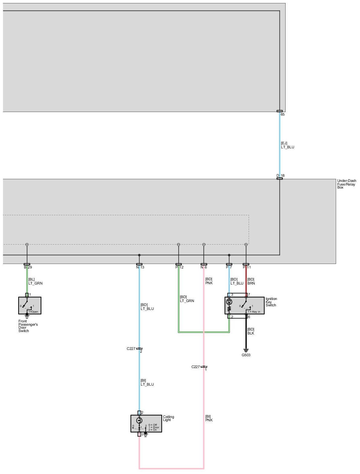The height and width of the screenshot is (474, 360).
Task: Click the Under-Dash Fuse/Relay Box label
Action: pos(346,184)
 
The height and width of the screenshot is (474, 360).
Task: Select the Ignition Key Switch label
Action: pos(271,302)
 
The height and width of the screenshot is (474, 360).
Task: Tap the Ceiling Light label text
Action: pos(168,418)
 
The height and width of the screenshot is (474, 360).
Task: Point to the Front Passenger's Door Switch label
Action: pos(28,326)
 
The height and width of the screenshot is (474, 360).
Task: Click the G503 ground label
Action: pos(246,355)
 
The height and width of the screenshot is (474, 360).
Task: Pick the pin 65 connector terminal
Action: pos(280,111)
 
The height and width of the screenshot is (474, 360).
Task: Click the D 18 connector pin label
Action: pos(280,176)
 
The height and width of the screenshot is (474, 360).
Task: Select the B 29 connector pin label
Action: pos(28,267)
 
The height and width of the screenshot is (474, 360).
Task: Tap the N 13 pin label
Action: pos(140,267)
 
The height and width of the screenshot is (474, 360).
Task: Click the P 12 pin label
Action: pos(179,267)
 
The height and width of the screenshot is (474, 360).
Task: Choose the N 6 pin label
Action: pos(204,267)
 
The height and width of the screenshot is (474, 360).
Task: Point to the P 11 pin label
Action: pos(247,267)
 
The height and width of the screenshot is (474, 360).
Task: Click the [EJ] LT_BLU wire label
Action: pos(287,145)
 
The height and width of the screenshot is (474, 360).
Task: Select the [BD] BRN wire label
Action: pos(251,281)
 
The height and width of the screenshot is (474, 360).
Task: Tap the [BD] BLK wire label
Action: pos(251,331)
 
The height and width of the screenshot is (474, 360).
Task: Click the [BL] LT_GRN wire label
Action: pos(35,281)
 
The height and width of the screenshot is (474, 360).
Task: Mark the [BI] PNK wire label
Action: pos(209,418)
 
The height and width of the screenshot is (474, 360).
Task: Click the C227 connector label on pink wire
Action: pos(196,367)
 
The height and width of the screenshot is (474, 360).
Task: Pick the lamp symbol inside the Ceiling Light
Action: pos(139,420)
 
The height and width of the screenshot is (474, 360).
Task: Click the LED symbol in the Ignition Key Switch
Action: pos(229,302)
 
